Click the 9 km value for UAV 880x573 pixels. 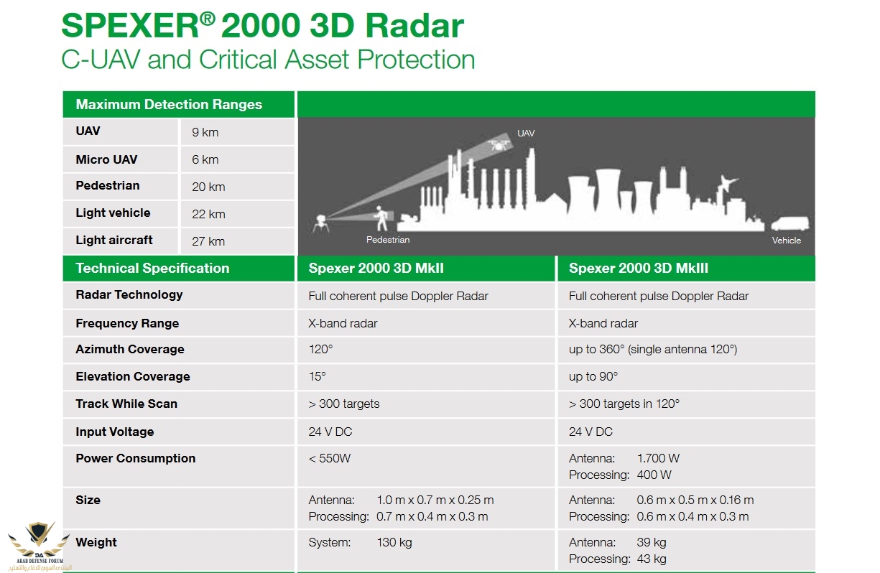click(205, 132)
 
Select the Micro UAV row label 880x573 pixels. click(106, 159)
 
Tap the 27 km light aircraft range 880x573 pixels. click(208, 241)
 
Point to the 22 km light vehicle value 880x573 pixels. click(208, 214)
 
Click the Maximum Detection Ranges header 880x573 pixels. click(169, 104)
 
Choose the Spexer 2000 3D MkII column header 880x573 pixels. click(376, 269)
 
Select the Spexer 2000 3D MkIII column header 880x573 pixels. click(639, 269)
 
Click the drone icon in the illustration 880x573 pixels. click(499, 145)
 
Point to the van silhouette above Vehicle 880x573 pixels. click(789, 223)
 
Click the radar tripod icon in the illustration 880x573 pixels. click(321, 224)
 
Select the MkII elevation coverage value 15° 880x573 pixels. click(317, 377)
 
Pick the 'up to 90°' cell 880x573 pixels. click(593, 377)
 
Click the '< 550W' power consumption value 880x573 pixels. click(329, 458)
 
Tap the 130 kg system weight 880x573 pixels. click(394, 542)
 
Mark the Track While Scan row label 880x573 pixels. click(126, 404)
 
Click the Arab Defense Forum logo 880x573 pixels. click(39, 546)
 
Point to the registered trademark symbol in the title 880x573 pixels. click(207, 19)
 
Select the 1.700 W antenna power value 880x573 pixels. click(658, 458)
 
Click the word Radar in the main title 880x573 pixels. click(415, 26)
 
